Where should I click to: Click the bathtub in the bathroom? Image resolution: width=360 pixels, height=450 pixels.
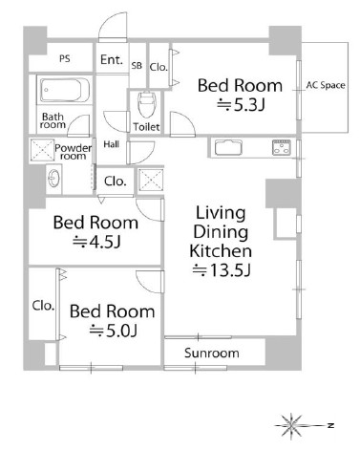(64, 90)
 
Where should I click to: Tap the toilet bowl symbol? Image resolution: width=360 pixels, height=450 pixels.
(146, 104)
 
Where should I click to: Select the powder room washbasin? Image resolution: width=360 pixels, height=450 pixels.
(53, 178)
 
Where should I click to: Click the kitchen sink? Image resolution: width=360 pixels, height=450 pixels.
(228, 147)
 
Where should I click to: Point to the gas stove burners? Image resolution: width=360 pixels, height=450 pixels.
(282, 147)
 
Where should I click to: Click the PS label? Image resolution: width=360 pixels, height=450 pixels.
(65, 58)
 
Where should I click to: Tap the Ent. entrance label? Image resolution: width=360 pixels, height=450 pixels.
(112, 59)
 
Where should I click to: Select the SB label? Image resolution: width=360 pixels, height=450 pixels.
(137, 66)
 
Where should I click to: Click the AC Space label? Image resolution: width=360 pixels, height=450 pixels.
(326, 85)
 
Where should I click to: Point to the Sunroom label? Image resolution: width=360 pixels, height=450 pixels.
(212, 353)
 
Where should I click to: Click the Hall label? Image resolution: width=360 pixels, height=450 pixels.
(112, 144)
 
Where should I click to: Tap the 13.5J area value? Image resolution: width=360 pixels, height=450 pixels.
(222, 270)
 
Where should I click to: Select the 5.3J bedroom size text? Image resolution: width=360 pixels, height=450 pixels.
(241, 105)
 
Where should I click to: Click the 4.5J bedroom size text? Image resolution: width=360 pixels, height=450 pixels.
(96, 242)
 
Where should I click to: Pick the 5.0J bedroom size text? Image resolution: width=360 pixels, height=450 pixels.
(113, 331)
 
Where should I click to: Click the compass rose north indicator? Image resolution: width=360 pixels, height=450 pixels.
(331, 425)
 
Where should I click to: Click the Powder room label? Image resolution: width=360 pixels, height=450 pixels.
(74, 152)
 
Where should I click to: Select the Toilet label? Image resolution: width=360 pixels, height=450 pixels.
(146, 127)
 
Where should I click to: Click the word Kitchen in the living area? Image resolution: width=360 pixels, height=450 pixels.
(221, 251)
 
